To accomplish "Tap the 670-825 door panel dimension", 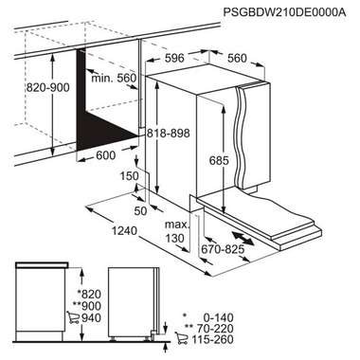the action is click(x=222, y=249).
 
